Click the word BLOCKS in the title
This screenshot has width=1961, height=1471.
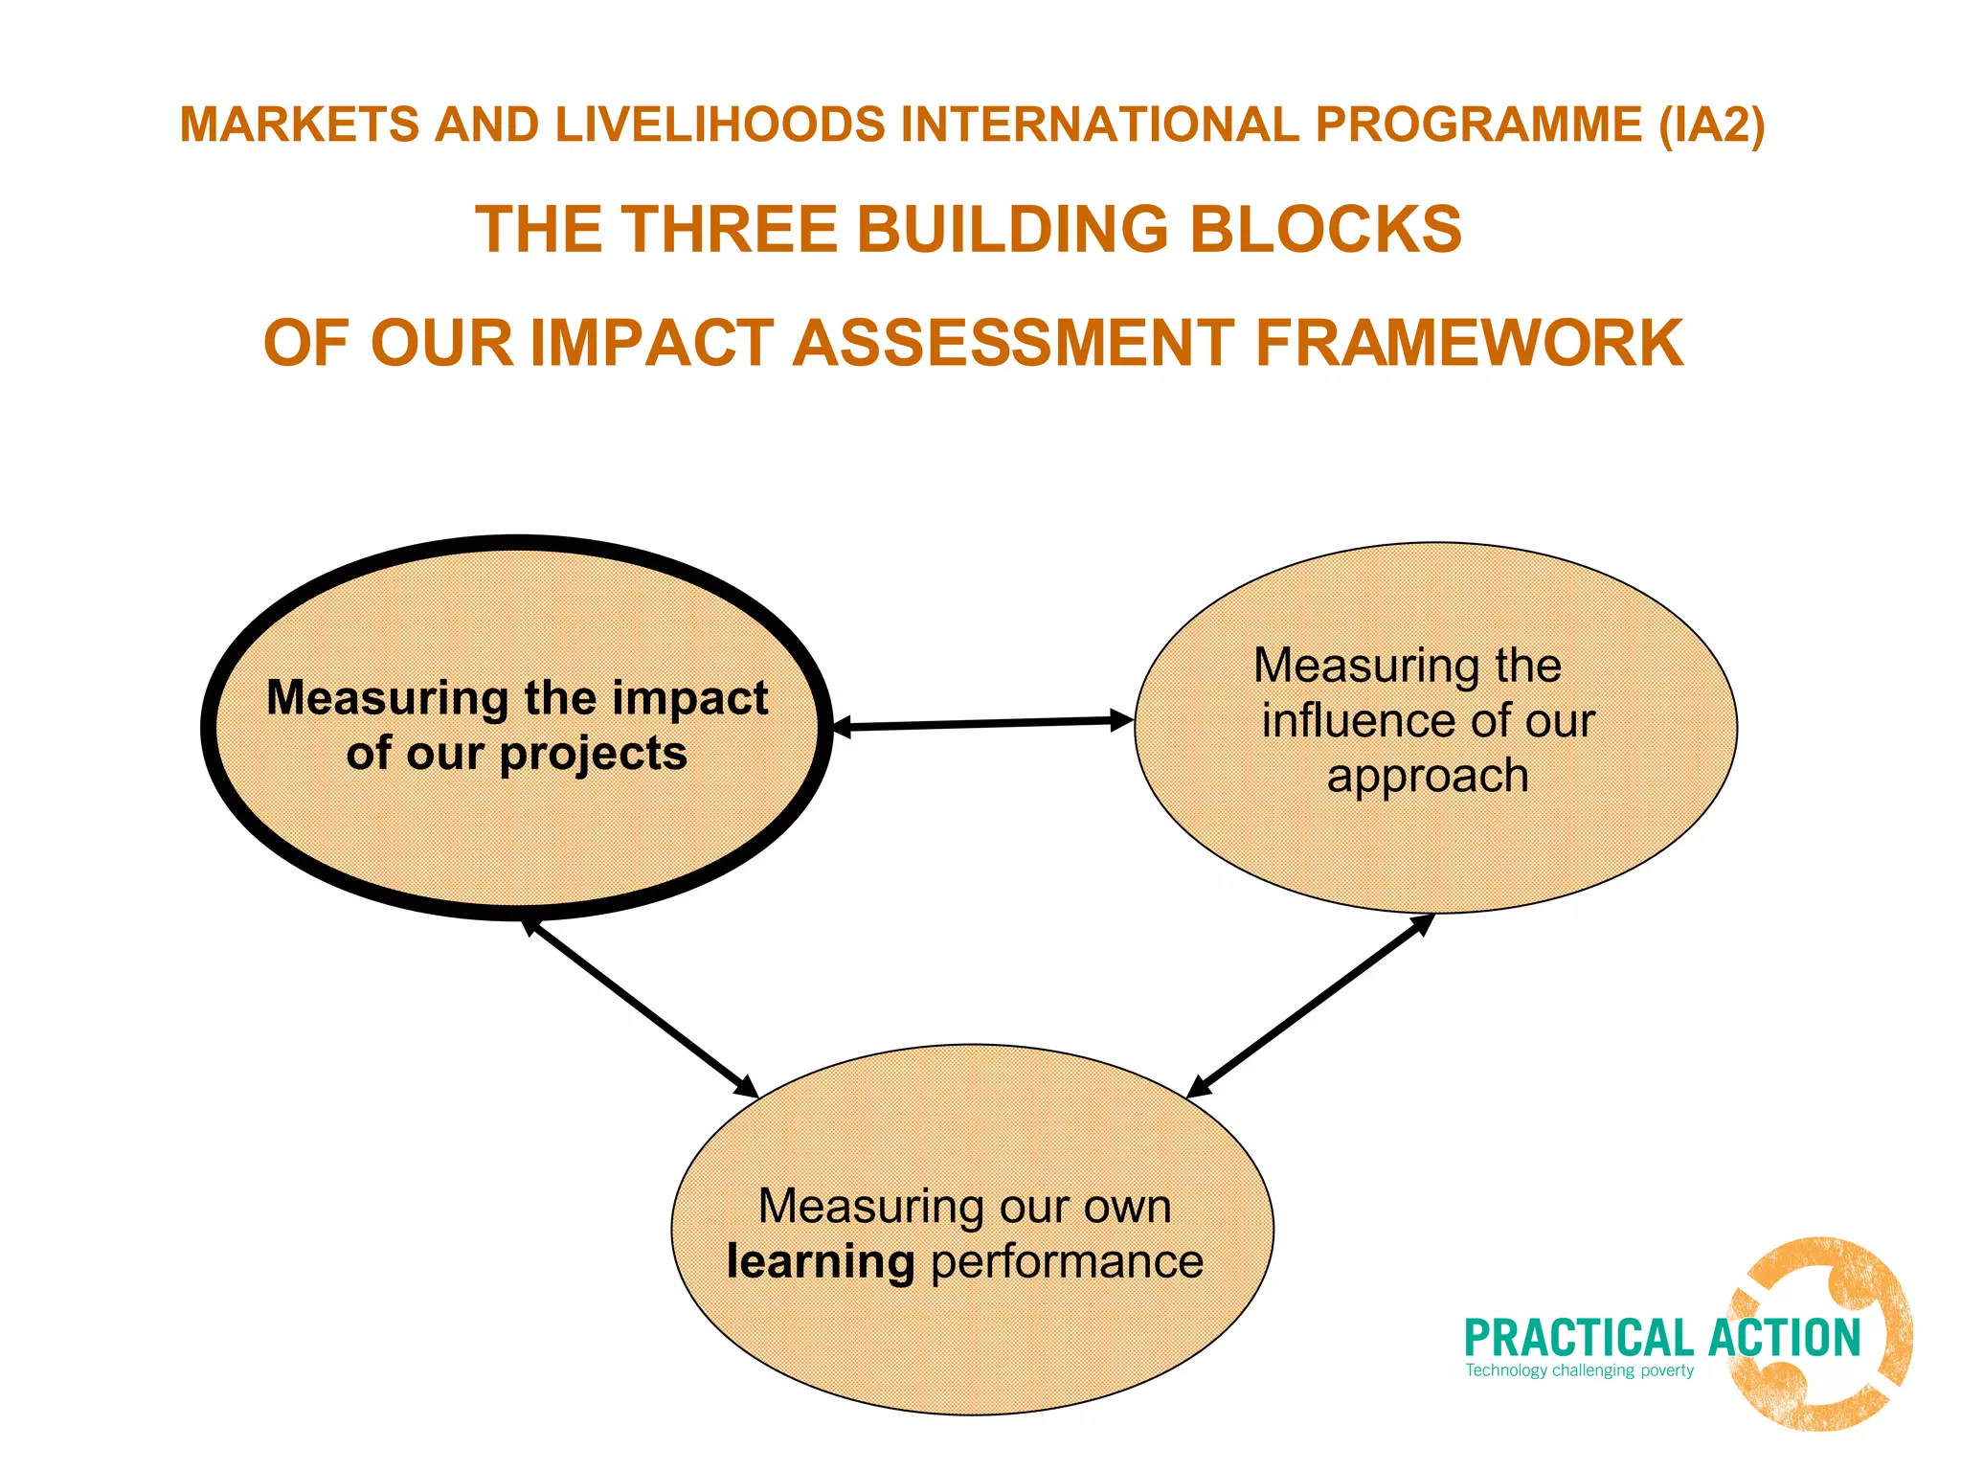1325,230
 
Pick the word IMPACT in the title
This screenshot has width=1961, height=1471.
651,343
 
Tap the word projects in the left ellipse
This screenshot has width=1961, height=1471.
593,754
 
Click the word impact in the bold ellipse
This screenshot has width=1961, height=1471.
689,697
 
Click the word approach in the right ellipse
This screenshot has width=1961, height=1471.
1427,776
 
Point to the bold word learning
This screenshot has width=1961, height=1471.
821,1261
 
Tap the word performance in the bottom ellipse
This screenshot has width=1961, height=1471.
1067,1261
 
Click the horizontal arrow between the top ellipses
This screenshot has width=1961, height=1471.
982,724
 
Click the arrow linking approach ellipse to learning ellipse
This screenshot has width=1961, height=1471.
1310,1006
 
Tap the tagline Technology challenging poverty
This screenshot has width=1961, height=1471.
1579,1370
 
